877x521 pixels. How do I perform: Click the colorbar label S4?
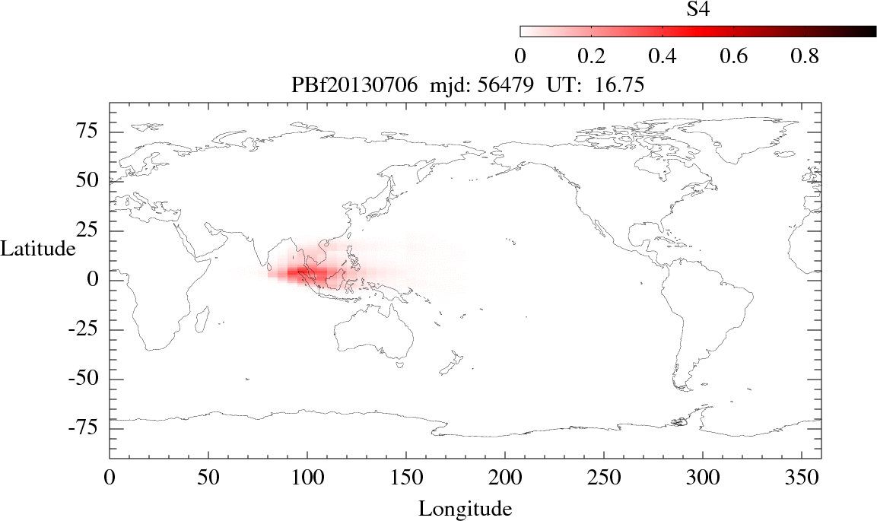pyautogui.click(x=698, y=9)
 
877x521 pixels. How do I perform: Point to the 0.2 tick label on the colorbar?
pyautogui.click(x=591, y=56)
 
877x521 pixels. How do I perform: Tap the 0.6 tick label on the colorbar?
pyautogui.click(x=733, y=56)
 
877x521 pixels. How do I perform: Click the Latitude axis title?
pyautogui.click(x=38, y=248)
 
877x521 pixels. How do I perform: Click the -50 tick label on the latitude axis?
pyautogui.click(x=84, y=379)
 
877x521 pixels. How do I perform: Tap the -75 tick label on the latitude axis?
pyautogui.click(x=84, y=428)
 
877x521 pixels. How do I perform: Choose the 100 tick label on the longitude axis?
pyautogui.click(x=307, y=479)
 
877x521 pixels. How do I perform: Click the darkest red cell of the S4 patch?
pyautogui.click(x=302, y=272)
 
